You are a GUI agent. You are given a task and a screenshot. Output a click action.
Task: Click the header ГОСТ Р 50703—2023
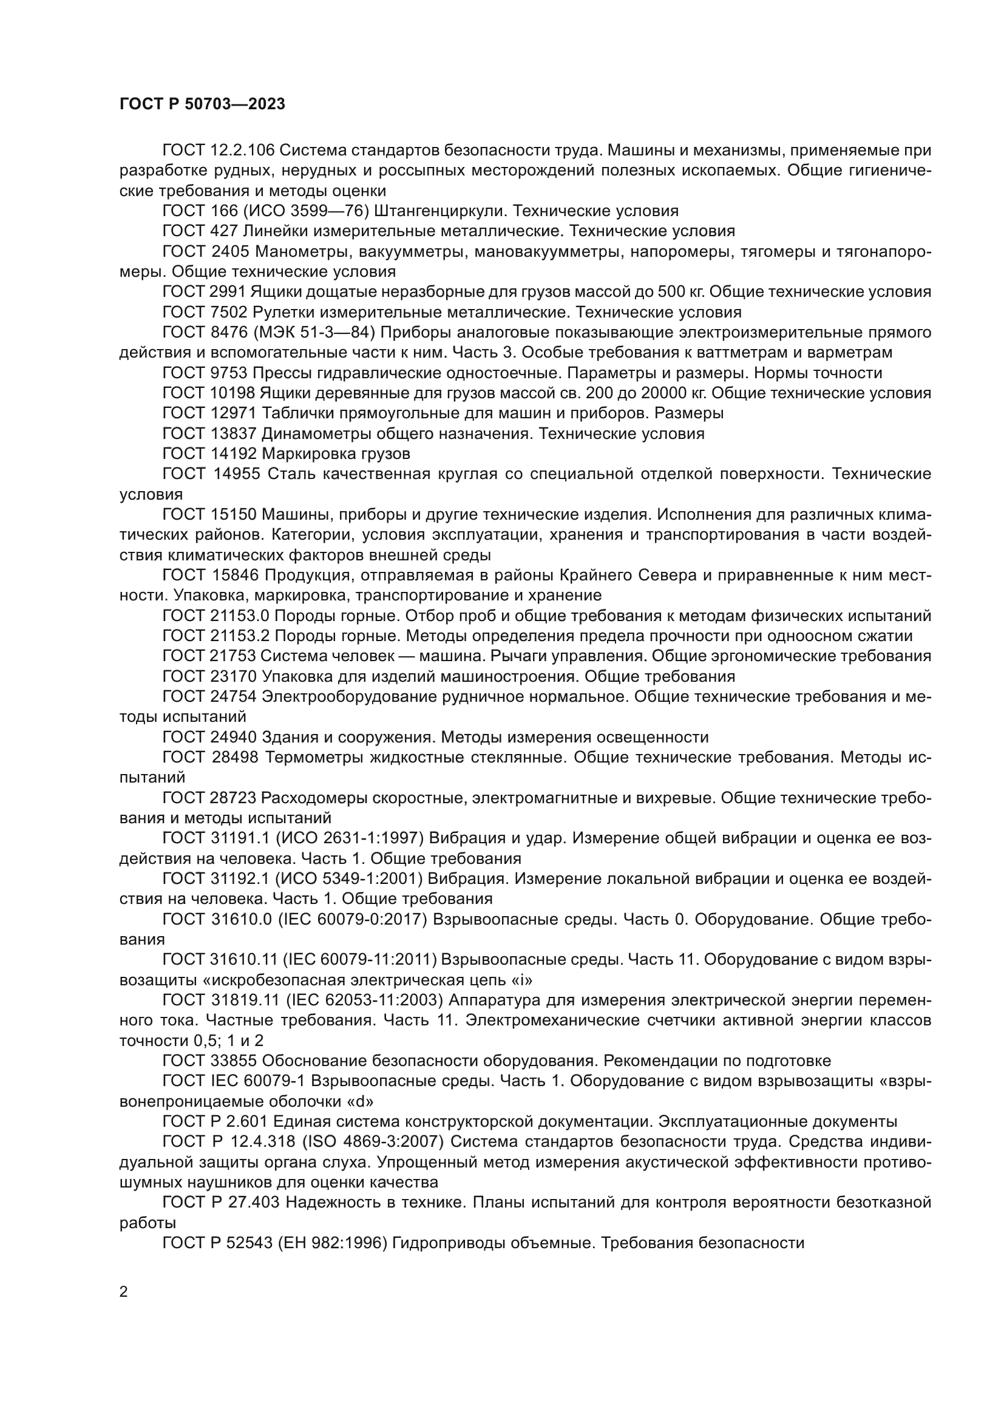[x=202, y=104]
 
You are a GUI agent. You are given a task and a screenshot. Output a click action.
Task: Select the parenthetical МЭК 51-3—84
[x=314, y=333]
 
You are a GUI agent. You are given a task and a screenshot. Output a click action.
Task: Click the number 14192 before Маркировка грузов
[x=233, y=454]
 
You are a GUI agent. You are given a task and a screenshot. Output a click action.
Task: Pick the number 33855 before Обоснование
[x=233, y=1061]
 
